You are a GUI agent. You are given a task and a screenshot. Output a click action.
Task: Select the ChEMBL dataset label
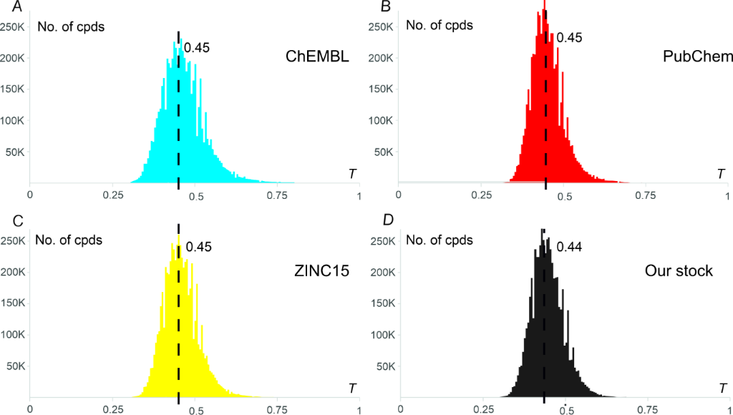point(316,58)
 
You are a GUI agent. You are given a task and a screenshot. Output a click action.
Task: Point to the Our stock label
point(679,272)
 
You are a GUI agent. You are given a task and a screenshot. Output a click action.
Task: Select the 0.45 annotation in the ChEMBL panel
point(196,49)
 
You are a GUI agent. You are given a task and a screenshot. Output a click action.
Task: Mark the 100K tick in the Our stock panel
point(379,334)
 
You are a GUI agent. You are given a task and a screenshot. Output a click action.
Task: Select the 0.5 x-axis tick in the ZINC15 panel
point(195,409)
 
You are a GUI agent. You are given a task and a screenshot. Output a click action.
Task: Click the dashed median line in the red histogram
point(545,107)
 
